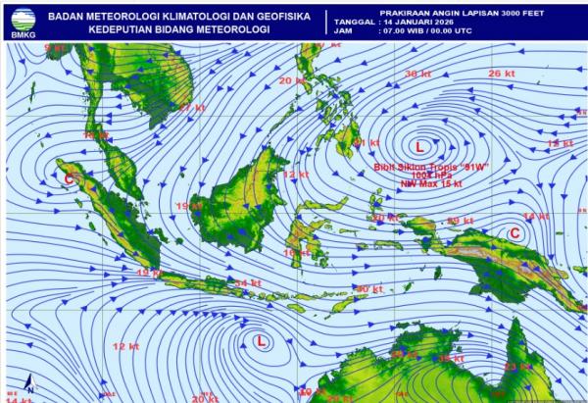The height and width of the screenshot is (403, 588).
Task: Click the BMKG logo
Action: click(20, 21)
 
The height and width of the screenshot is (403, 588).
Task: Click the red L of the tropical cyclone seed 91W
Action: click(419, 146)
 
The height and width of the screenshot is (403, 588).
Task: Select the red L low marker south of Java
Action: click(261, 341)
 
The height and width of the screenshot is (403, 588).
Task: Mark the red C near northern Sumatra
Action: click(69, 178)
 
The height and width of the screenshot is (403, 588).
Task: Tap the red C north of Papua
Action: click(514, 232)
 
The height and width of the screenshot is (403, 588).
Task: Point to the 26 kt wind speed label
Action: click(502, 74)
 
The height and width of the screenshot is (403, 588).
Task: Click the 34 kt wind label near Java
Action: click(248, 283)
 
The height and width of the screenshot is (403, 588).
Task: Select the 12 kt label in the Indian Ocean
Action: click(125, 346)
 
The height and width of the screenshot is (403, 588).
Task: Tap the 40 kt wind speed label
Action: click(368, 289)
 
